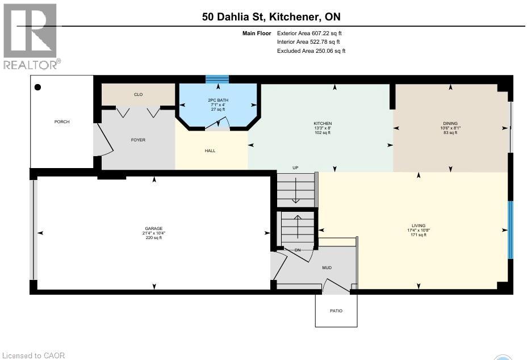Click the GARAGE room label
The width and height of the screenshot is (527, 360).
(x=153, y=225)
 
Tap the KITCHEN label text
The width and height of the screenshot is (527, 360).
(x=323, y=124)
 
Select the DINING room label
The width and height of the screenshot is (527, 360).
(x=450, y=123)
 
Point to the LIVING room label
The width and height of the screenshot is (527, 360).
(x=419, y=225)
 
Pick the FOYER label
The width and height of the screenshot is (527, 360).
(x=138, y=140)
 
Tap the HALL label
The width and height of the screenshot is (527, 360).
(x=210, y=150)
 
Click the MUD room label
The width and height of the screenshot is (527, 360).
(x=327, y=267)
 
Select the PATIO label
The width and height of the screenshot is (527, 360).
(x=336, y=311)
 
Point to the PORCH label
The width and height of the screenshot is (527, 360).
(x=62, y=122)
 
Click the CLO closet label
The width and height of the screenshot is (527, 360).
(x=138, y=94)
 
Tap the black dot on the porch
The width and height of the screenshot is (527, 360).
(x=38, y=87)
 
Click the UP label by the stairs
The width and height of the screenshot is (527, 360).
(x=295, y=168)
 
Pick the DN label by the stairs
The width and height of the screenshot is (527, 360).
(x=297, y=250)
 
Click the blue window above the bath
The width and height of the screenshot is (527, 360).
(x=217, y=79)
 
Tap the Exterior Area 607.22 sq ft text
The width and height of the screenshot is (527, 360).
(x=309, y=34)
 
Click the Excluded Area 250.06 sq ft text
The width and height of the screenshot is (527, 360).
(x=311, y=51)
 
